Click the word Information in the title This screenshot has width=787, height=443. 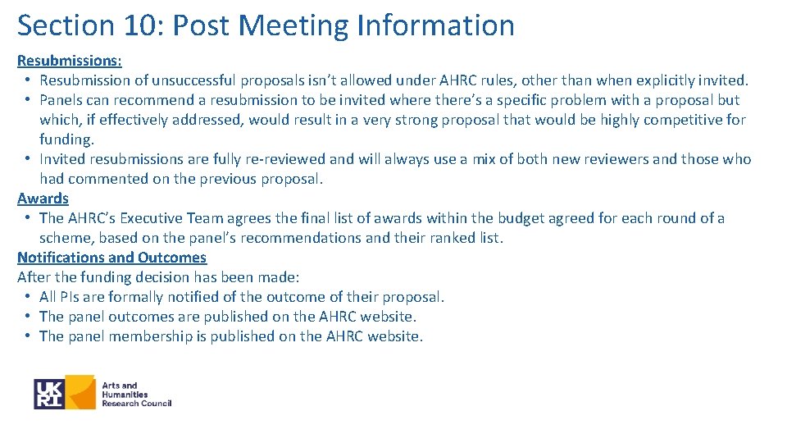click(435, 25)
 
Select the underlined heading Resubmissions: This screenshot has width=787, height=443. click(70, 61)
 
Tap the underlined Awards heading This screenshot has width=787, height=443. click(43, 199)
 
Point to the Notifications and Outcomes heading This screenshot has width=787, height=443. click(111, 258)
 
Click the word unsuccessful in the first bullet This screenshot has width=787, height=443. click(193, 80)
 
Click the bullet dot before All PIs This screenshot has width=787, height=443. click(27, 297)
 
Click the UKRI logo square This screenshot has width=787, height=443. click(49, 394)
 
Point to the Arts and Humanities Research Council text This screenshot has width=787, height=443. click(135, 394)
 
